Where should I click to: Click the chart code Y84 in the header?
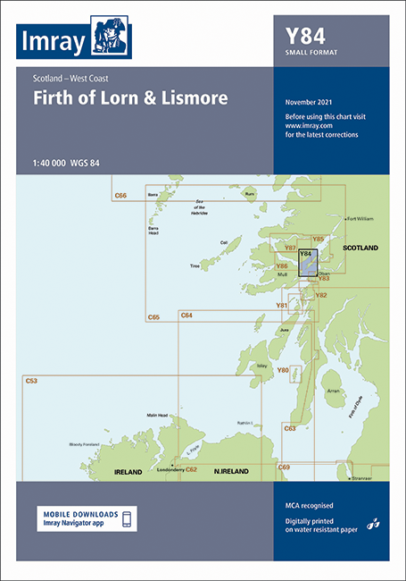point(303,37)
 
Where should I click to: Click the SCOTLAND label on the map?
point(361,247)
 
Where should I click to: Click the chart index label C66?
point(121,194)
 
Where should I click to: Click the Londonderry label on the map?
point(170,469)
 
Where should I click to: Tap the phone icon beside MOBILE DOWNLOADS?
point(127,519)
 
